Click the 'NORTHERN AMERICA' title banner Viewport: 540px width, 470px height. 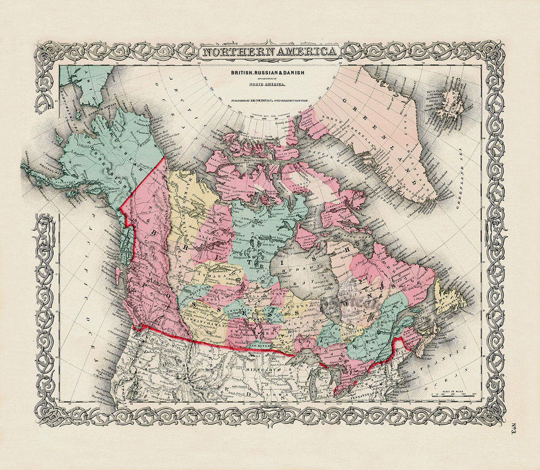(x=270, y=52)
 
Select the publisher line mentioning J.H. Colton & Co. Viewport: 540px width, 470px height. (x=270, y=101)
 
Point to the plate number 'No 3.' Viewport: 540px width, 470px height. (x=513, y=428)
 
